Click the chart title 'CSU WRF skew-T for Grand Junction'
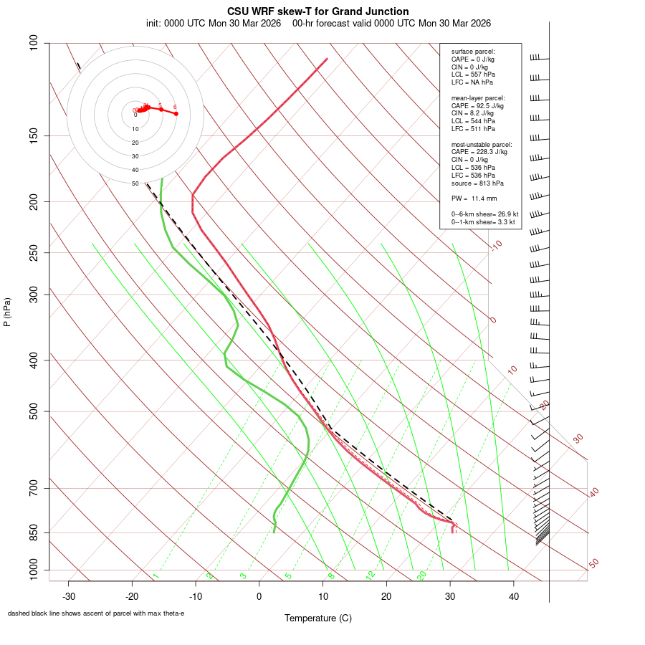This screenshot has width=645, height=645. click(x=318, y=11)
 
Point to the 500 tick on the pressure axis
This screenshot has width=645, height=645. click(x=34, y=411)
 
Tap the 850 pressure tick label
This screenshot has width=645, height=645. click(x=34, y=532)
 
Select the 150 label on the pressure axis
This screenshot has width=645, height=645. click(x=34, y=135)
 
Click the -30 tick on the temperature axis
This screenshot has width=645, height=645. click(x=69, y=596)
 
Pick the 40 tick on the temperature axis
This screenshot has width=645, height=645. click(x=513, y=596)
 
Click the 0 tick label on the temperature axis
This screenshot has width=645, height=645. click(x=259, y=596)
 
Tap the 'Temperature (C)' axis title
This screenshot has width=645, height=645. click(x=318, y=618)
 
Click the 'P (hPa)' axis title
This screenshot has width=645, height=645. click(x=7, y=312)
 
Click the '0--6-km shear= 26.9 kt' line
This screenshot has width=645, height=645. click(x=484, y=214)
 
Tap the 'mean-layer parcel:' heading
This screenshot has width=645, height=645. click(x=478, y=97)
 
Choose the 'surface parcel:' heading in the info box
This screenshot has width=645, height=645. click(x=473, y=52)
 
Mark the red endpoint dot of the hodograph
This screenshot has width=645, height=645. click(x=176, y=114)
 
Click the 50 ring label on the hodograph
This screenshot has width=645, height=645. click(x=135, y=183)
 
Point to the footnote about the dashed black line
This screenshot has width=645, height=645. click(x=96, y=613)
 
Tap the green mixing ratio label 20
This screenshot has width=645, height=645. click(x=421, y=575)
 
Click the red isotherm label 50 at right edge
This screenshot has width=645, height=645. click(x=593, y=563)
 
